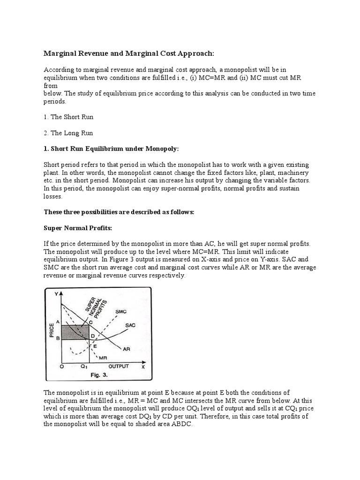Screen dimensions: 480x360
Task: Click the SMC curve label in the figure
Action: pyautogui.click(x=121, y=311)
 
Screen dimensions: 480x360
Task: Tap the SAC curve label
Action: pyautogui.click(x=131, y=325)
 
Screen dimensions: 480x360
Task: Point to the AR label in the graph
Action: pyautogui.click(x=126, y=349)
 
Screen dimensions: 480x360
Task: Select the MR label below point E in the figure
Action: pyautogui.click(x=103, y=358)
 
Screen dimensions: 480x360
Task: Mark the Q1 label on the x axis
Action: pyautogui.click(x=83, y=367)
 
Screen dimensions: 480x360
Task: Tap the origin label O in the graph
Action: pyautogui.click(x=62, y=367)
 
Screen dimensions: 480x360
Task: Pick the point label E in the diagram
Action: pyautogui.click(x=94, y=345)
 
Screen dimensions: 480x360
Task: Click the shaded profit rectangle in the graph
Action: pyautogui.click(x=75, y=331)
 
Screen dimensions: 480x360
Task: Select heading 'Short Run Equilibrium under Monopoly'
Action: pyautogui.click(x=115, y=149)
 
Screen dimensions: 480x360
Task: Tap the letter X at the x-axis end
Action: pyautogui.click(x=143, y=367)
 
